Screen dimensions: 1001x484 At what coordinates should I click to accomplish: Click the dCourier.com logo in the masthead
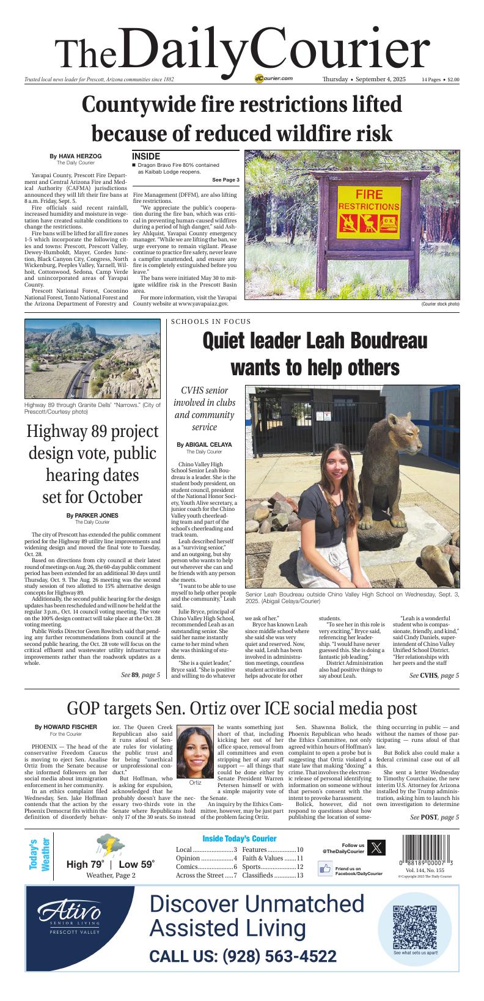(274, 79)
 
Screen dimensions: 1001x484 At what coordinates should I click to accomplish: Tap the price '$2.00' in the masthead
(453, 79)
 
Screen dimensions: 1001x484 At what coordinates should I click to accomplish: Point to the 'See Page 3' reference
(226, 180)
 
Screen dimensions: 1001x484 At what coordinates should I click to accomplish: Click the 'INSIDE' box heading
(146, 156)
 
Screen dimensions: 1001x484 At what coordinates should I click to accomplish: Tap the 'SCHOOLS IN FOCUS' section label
(211, 321)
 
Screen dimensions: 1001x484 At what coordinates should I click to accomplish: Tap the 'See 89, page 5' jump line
(141, 675)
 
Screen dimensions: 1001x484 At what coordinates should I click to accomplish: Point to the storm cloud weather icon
(108, 846)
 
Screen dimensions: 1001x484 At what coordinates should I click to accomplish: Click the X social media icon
(378, 848)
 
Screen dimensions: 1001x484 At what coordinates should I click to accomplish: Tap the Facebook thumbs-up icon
(325, 868)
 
